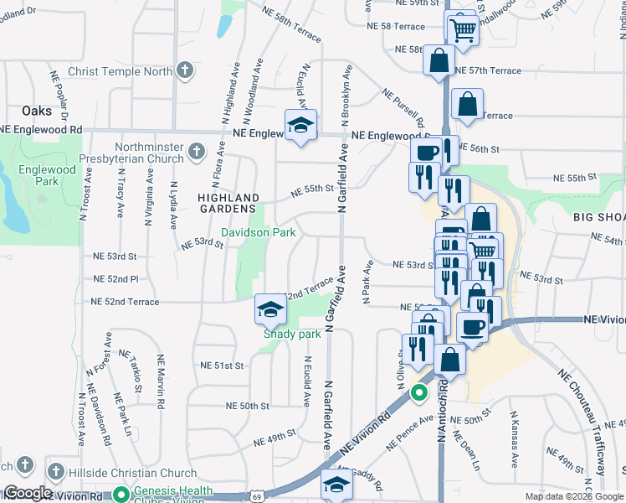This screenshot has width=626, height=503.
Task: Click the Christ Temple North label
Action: pyautogui.click(x=121, y=71)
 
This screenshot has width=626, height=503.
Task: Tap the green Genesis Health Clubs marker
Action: pyautogui.click(x=121, y=495)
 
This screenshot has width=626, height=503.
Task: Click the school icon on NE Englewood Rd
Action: pyautogui.click(x=300, y=126)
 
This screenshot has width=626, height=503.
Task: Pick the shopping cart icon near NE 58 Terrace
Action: pyautogui.click(x=461, y=30)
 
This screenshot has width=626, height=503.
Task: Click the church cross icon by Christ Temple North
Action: pyautogui.click(x=185, y=71)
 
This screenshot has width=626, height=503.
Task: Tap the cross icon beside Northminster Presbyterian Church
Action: pyautogui.click(x=196, y=152)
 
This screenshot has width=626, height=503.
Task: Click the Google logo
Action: pyautogui.click(x=28, y=493)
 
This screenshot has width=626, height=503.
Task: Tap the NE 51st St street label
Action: pyautogui.click(x=222, y=366)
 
